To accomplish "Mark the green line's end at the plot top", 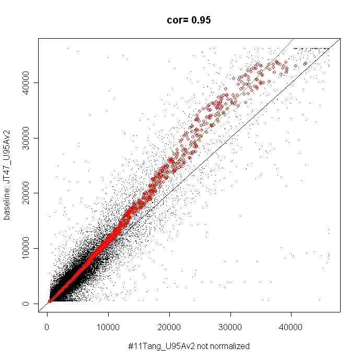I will click(x=293, y=39).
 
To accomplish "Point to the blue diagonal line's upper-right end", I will click(x=340, y=39).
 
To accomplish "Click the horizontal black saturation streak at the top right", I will click(x=311, y=49).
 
